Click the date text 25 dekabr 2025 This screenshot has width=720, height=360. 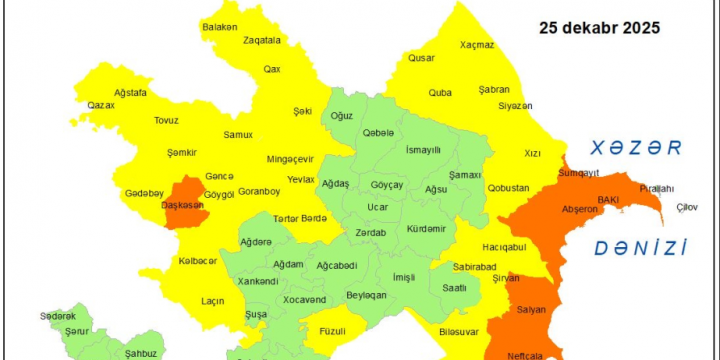pyautogui.click(x=599, y=28)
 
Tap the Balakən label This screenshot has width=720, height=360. pyautogui.click(x=219, y=27)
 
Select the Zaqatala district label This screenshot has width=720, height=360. pyautogui.click(x=262, y=41)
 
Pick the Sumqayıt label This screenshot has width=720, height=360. pyautogui.click(x=579, y=173)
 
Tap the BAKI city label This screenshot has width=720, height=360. pyautogui.click(x=608, y=200)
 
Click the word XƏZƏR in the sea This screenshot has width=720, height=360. pyautogui.click(x=635, y=148)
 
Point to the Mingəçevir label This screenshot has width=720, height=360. pyautogui.click(x=290, y=159)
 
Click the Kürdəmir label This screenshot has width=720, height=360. pyautogui.click(x=426, y=229)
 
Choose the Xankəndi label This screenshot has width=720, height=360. pyautogui.click(x=258, y=281)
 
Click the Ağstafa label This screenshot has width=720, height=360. pyautogui.click(x=130, y=92)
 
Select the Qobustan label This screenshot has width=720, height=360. pyautogui.click(x=508, y=187)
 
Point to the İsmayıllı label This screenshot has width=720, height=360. pyautogui.click(x=423, y=149)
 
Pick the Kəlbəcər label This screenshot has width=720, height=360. pyautogui.click(x=198, y=261)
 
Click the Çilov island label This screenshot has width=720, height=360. pyautogui.click(x=686, y=206)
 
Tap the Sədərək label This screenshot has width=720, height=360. pyautogui.click(x=58, y=316)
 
